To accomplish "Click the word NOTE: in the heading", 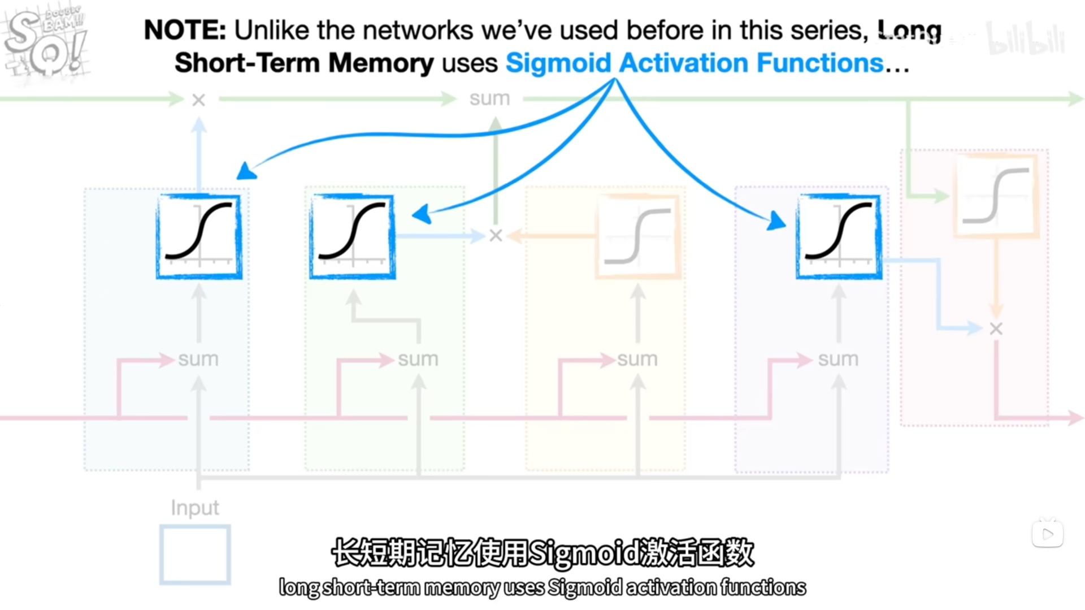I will (185, 31).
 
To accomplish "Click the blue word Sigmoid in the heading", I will (558, 63).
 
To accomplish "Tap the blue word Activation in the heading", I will (683, 63).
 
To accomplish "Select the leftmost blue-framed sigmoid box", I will (199, 236).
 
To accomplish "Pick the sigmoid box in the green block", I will (352, 236).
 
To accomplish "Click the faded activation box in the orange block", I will (638, 236).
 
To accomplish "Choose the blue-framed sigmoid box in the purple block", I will (839, 236).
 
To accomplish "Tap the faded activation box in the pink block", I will (996, 195).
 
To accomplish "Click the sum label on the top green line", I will (489, 99).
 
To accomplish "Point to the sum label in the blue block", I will (198, 359).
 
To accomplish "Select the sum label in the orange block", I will (637, 359).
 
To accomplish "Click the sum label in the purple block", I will (838, 359).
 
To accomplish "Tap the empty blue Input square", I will (195, 555).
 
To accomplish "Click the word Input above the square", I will (195, 508).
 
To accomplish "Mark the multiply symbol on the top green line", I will (198, 100).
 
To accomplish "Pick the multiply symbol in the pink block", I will (996, 328).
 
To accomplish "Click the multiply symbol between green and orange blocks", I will (496, 235).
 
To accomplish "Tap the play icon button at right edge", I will (1047, 534).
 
